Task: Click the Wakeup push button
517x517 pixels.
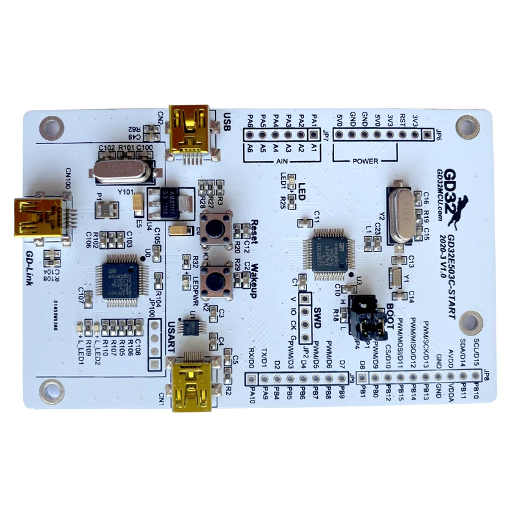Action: tap(215, 279)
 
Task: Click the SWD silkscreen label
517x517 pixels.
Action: tap(317, 317)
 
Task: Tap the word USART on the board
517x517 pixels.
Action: tap(171, 337)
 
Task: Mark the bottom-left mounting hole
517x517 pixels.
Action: tap(50, 389)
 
